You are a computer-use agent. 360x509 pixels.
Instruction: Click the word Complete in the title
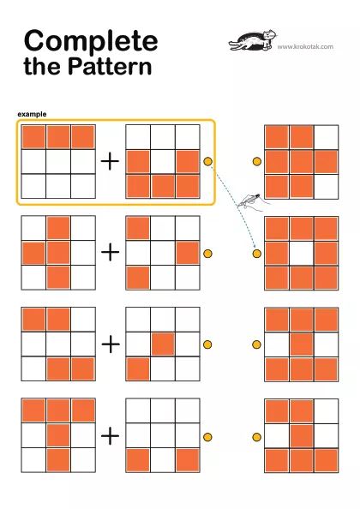click(91, 41)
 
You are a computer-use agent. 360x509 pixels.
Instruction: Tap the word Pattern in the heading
click(110, 66)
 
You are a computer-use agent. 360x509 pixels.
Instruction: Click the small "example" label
click(32, 114)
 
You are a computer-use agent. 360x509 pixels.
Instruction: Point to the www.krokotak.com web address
click(305, 46)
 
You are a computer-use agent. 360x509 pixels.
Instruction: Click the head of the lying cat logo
click(270, 34)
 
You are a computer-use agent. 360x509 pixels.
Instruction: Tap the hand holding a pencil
click(254, 202)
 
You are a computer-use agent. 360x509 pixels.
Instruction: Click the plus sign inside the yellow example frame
click(110, 161)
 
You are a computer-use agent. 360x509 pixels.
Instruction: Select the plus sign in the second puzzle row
click(111, 252)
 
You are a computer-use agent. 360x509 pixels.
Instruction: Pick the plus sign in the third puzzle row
click(111, 344)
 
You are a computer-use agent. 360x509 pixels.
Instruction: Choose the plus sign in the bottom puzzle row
click(111, 435)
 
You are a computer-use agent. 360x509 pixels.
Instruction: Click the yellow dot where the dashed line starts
click(207, 161)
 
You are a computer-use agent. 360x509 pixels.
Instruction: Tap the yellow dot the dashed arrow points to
click(257, 253)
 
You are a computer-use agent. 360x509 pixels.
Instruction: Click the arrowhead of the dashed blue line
click(255, 248)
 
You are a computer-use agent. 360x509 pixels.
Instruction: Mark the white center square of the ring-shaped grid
click(302, 253)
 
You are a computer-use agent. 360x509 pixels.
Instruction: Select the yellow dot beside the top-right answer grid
click(257, 161)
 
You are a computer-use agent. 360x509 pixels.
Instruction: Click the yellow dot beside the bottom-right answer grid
click(257, 437)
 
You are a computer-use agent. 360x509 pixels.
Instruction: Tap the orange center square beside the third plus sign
click(163, 344)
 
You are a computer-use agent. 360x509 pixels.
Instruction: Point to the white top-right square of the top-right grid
click(327, 137)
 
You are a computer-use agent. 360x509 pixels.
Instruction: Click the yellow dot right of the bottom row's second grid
click(207, 437)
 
